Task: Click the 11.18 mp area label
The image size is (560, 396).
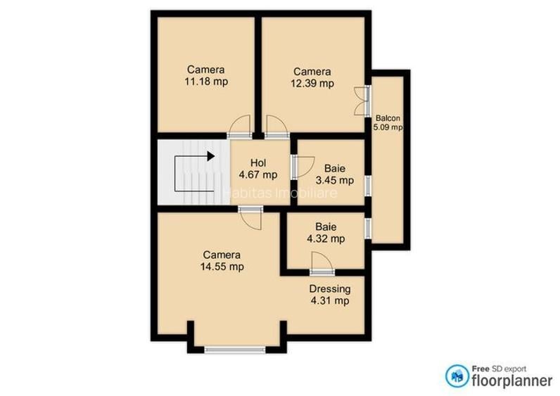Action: pyautogui.click(x=206, y=82)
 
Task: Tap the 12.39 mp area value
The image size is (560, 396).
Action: pyautogui.click(x=312, y=83)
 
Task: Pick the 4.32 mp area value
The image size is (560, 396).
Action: pyautogui.click(x=325, y=239)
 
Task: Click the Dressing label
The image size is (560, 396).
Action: pyautogui.click(x=330, y=288)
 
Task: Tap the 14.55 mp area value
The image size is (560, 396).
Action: pyautogui.click(x=222, y=267)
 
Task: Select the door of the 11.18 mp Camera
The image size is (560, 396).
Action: pyautogui.click(x=240, y=124)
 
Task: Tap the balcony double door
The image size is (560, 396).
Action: pyautogui.click(x=362, y=99)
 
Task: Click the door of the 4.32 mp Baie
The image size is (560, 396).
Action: pyautogui.click(x=322, y=267)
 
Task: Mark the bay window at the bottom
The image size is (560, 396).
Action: pyautogui.click(x=235, y=348)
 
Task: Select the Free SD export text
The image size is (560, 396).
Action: pyautogui.click(x=499, y=367)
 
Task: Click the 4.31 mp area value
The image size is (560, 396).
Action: pyautogui.click(x=330, y=301)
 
